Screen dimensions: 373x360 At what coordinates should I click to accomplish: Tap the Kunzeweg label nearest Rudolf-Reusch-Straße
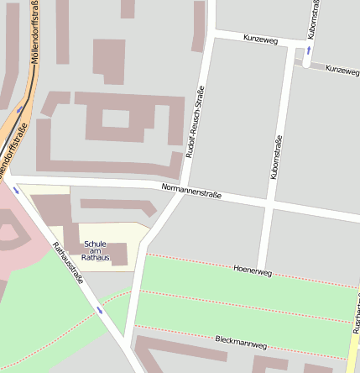260,39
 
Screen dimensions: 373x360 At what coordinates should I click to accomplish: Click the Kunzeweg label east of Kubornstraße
342,71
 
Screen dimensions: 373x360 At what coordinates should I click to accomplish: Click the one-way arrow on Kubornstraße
307,50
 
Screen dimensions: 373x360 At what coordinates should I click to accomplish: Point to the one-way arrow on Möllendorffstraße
19,109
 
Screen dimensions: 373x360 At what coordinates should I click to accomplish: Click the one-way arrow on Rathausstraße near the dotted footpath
100,310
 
